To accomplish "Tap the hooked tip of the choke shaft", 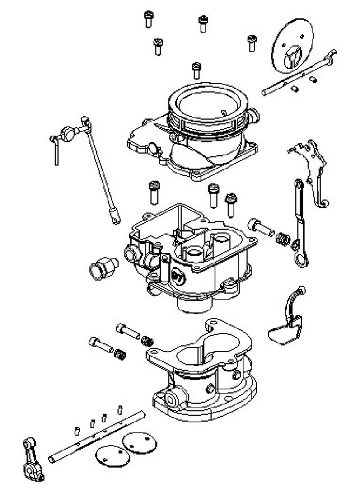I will (x=332, y=55).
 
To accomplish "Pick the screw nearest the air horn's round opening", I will (x=196, y=70).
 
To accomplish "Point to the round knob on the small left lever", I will (x=69, y=132).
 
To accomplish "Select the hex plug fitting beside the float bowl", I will (x=103, y=267).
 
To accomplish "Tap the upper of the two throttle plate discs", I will (x=139, y=441).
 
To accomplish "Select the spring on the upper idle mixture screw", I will (x=147, y=340).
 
